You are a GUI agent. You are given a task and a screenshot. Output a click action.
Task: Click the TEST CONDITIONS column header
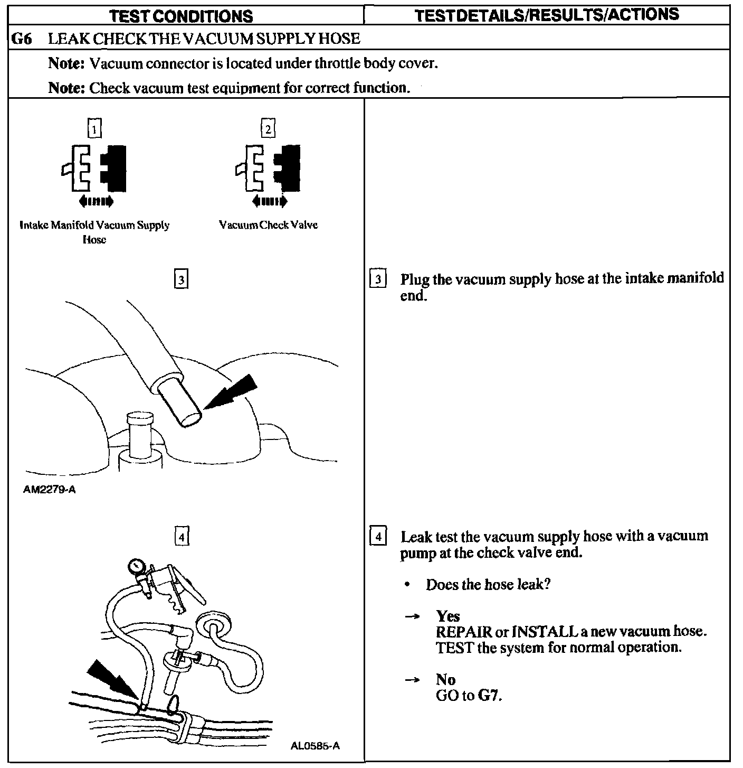click(181, 16)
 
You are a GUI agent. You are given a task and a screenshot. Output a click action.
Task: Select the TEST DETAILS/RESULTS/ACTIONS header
click(547, 15)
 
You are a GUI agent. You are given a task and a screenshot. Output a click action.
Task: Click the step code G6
click(21, 39)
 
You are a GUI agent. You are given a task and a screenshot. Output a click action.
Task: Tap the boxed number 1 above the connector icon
click(94, 129)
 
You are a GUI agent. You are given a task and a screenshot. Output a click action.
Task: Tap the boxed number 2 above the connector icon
click(268, 129)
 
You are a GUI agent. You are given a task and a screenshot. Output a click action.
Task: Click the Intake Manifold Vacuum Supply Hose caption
click(94, 232)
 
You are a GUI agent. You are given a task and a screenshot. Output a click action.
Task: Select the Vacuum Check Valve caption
click(268, 225)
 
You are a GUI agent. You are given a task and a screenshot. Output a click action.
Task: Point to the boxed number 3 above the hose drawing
click(181, 279)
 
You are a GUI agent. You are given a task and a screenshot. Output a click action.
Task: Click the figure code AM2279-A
click(50, 490)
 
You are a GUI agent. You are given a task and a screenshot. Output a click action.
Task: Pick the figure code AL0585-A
click(315, 746)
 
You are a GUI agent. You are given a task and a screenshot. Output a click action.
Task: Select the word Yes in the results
click(447, 616)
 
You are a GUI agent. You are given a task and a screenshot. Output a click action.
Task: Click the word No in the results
click(445, 679)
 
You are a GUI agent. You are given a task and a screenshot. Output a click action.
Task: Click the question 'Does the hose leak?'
click(488, 585)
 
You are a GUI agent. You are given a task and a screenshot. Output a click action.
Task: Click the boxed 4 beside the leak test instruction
click(378, 536)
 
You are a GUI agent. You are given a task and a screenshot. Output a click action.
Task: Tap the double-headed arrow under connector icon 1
click(95, 201)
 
